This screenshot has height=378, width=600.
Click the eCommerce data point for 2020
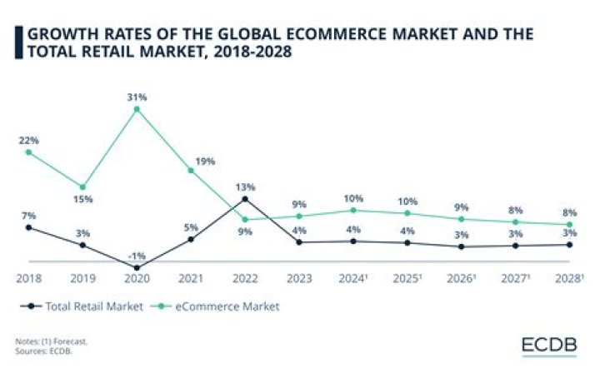pyautogui.click(x=137, y=108)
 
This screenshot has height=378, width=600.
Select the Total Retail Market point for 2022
pyautogui.click(x=244, y=199)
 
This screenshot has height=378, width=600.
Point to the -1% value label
pyautogui.click(x=137, y=256)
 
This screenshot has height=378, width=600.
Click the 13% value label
pyautogui.click(x=244, y=187)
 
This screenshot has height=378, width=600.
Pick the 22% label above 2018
pyautogui.click(x=28, y=140)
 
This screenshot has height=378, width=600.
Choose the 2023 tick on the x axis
pyautogui.click(x=298, y=276)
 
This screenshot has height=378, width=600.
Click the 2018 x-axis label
pyautogui.click(x=28, y=276)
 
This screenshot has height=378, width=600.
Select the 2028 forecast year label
pyautogui.click(x=570, y=276)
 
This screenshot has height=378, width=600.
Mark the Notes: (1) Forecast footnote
pyautogui.click(x=51, y=341)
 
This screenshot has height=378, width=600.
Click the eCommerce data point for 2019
pyautogui.click(x=82, y=187)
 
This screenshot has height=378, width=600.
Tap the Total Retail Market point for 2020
pyautogui.click(x=137, y=267)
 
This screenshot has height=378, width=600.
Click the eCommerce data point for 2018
pyautogui.click(x=28, y=152)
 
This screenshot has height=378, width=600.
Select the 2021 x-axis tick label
pyautogui.click(x=190, y=276)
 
